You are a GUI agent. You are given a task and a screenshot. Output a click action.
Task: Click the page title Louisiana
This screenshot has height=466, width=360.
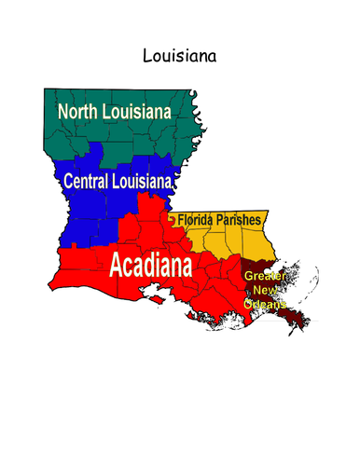pos(179,56)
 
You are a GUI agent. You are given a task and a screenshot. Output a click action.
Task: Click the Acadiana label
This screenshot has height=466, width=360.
pos(150,266)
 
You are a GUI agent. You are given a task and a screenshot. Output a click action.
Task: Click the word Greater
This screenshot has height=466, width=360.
pos(264,277)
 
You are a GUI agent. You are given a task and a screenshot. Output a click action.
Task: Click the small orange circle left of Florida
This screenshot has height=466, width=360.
pos(173,220)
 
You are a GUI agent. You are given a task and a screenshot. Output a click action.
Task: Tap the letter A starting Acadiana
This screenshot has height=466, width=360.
pos(118,266)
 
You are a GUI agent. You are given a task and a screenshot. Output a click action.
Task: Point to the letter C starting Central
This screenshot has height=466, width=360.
pos(67,180)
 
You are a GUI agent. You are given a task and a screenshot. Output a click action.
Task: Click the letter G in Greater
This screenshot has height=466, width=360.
pos(248,277)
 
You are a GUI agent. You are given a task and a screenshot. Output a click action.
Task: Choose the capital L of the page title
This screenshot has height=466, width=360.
pos(146,56)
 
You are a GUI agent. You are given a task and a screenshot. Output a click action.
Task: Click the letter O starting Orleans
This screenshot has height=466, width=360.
pos(248,305)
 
